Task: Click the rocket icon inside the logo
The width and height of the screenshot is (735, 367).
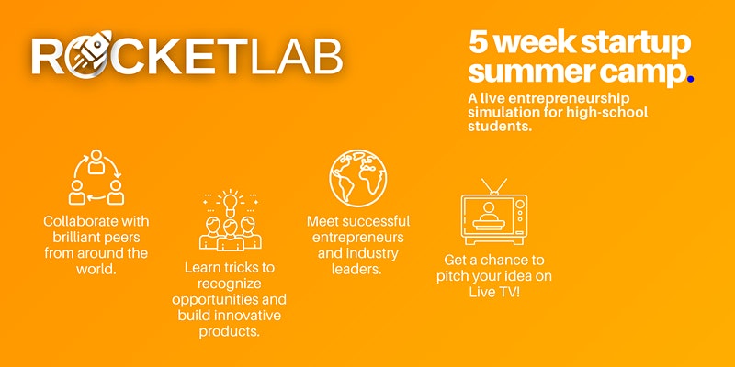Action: [x=91, y=54]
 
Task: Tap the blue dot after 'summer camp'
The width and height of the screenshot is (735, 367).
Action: [x=690, y=80]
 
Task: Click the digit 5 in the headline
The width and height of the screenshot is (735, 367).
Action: [x=478, y=42]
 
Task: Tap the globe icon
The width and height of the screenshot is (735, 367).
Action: [x=358, y=178]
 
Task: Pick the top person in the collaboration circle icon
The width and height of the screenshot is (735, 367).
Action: [x=96, y=161]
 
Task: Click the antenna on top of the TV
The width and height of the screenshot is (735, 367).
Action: [x=494, y=186]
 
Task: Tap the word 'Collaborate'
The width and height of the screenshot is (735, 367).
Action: [x=77, y=221]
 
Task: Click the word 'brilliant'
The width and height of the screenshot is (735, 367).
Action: [x=76, y=238]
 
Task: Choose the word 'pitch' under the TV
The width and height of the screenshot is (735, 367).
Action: [x=452, y=277]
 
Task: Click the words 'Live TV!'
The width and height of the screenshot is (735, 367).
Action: [x=494, y=292]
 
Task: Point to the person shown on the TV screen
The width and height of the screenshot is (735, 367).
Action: [x=490, y=213]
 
